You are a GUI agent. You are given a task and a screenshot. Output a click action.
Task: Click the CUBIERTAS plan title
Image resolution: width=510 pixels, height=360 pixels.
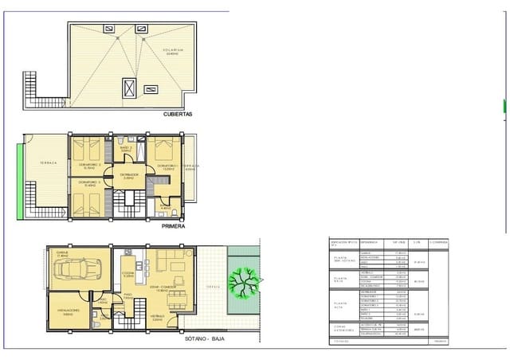pos(177,114)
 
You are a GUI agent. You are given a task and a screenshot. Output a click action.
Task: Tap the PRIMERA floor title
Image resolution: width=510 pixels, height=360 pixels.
pos(173,226)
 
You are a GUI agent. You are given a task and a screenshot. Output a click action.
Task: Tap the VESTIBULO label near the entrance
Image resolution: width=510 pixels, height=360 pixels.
pos(160,317)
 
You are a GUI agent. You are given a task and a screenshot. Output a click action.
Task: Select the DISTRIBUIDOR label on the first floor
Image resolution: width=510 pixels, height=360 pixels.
pos(130,175)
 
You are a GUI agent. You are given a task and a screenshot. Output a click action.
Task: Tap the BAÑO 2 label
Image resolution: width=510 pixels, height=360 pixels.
pos(126,148)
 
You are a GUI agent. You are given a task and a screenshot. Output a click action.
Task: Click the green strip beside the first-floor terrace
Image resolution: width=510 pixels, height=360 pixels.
pos(20,187)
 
